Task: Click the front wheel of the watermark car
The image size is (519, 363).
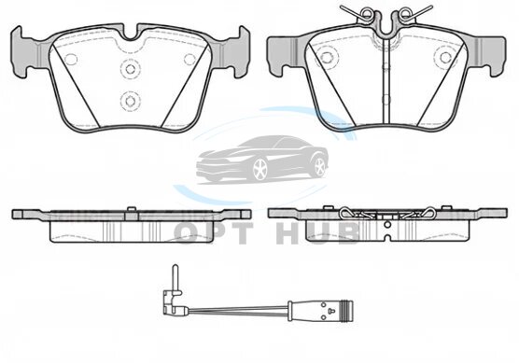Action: coord(260,170)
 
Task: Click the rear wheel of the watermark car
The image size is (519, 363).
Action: coord(320,167)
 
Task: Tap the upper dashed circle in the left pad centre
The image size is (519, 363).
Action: coord(130,69)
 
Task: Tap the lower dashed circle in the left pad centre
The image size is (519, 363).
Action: coord(130,101)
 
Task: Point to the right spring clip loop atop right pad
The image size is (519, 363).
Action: coord(403,12)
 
